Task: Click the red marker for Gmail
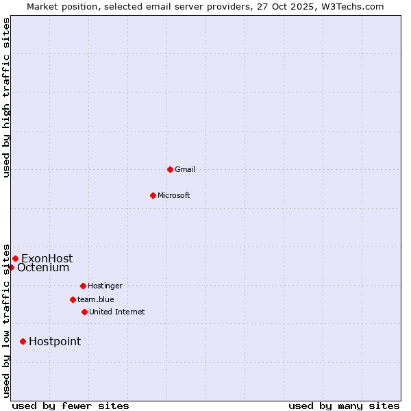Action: pyautogui.click(x=170, y=169)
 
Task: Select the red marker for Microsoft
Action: pyautogui.click(x=153, y=195)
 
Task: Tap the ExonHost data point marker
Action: pyautogui.click(x=15, y=258)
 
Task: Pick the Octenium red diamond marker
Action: pyautogui.click(x=11, y=267)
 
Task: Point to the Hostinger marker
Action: pyautogui.click(x=83, y=286)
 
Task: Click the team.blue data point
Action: pyautogui.click(x=73, y=299)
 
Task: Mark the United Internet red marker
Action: pyautogui.click(x=84, y=312)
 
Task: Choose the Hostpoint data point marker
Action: pyautogui.click(x=23, y=341)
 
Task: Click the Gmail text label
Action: pyautogui.click(x=185, y=169)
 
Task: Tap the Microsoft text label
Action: pyautogui.click(x=174, y=195)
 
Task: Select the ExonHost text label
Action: pyautogui.click(x=47, y=258)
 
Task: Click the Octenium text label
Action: pyautogui.click(x=43, y=268)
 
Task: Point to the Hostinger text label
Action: pyautogui.click(x=105, y=286)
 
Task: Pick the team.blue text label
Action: pyautogui.click(x=96, y=299)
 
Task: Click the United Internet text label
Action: pyautogui.click(x=117, y=312)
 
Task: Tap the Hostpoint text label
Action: pyautogui.click(x=55, y=341)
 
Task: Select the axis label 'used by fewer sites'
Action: pyautogui.click(x=71, y=406)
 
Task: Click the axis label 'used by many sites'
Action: pyautogui.click(x=344, y=406)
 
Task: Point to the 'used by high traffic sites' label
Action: pyautogui.click(x=6, y=97)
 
